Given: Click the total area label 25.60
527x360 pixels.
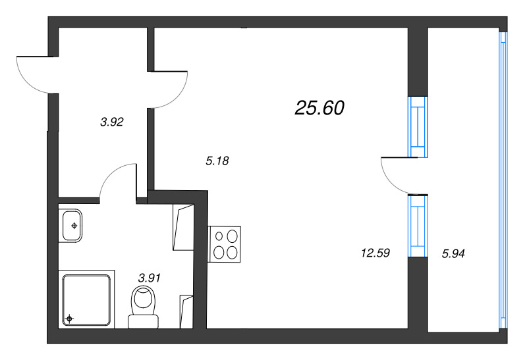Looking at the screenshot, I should point(320,109).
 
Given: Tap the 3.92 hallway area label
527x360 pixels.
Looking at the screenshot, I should point(112,121).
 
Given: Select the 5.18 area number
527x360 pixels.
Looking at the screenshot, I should point(217,160).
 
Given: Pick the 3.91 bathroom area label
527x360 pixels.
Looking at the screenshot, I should point(149,278).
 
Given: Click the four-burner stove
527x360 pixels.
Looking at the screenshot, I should point(225,244).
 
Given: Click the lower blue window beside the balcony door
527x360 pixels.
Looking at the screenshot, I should point(418,226).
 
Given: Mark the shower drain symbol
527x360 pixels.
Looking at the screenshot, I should point(69,320).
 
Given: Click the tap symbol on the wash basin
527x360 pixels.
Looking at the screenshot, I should point(74,226).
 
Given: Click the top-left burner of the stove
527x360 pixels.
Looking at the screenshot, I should point(217,236).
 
